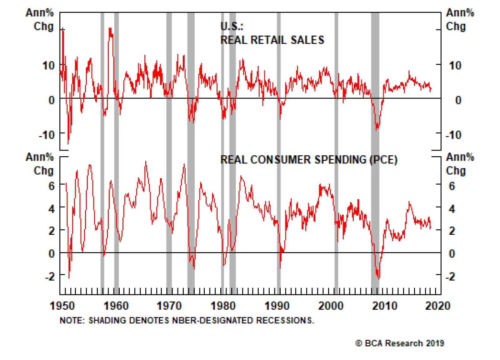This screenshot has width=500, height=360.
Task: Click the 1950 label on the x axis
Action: coord(62,305)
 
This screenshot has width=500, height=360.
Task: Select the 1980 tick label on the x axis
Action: coord(223,305)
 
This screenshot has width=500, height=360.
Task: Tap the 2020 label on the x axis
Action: coord(437,305)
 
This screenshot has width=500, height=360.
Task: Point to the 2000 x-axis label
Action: coord(331,305)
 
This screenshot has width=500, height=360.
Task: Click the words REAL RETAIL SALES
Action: coord(272,40)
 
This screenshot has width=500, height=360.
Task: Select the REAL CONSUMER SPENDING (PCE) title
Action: coord(309,160)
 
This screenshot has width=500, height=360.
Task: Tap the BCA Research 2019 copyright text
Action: coord(400,343)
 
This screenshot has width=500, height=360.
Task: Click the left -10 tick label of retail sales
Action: coord(47,135)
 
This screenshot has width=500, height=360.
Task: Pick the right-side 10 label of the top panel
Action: coord(455,66)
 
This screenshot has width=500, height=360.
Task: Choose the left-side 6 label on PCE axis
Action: coord(52,186)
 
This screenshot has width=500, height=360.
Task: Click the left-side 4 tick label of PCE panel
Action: coord(52,209)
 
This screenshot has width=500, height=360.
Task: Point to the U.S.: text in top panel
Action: coord(232,26)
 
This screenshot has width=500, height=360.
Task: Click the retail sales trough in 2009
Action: coord(377,129)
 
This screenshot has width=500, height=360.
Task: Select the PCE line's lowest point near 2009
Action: coord(379,278)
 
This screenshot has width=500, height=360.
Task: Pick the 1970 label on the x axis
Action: coord(169,305)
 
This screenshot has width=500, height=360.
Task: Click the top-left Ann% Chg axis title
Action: coord(40,19)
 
